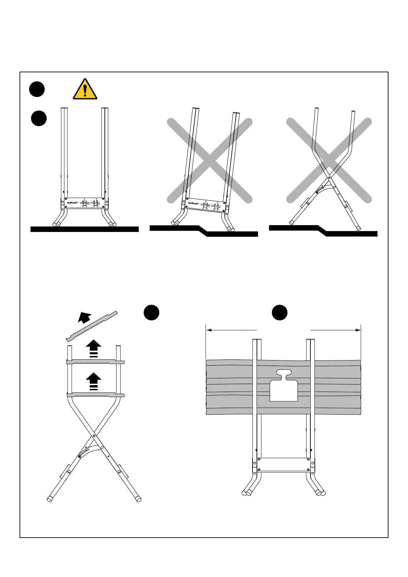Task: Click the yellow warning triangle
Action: pyautogui.click(x=85, y=89)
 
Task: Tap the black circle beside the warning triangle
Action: pyautogui.click(x=37, y=89)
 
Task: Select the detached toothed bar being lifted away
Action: pyautogui.click(x=92, y=327)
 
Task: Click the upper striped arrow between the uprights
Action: pyautogui.click(x=94, y=348)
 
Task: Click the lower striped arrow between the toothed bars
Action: pyautogui.click(x=94, y=382)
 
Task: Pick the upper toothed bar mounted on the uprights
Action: pyautogui.click(x=95, y=362)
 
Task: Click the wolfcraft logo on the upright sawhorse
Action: pyautogui.click(x=72, y=202)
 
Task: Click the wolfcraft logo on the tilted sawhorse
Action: pyautogui.click(x=193, y=203)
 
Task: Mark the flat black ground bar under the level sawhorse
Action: pyautogui.click(x=84, y=229)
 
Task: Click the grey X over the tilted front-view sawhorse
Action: pyautogui.click(x=210, y=161)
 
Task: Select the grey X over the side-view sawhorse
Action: pyautogui.click(x=329, y=161)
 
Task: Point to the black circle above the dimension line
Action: pyautogui.click(x=280, y=312)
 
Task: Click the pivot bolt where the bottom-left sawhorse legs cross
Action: pyautogui.click(x=94, y=436)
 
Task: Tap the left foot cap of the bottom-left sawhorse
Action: pyautogui.click(x=49, y=499)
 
